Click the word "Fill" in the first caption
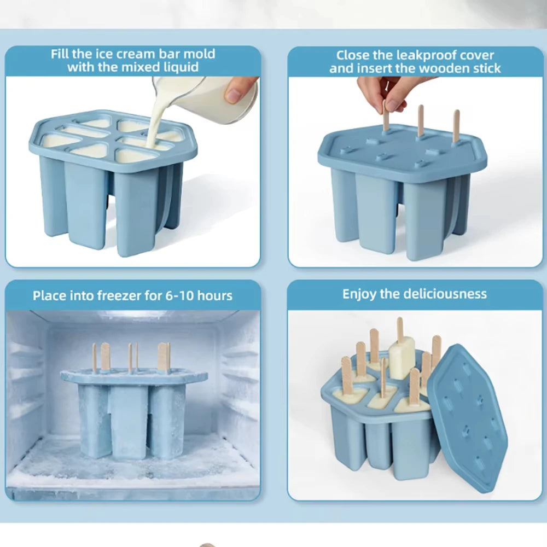click(x=60, y=54)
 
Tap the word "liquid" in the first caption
click(x=181, y=67)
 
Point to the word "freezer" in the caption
click(x=119, y=296)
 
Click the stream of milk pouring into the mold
click(x=154, y=124)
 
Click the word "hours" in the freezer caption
click(x=215, y=296)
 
